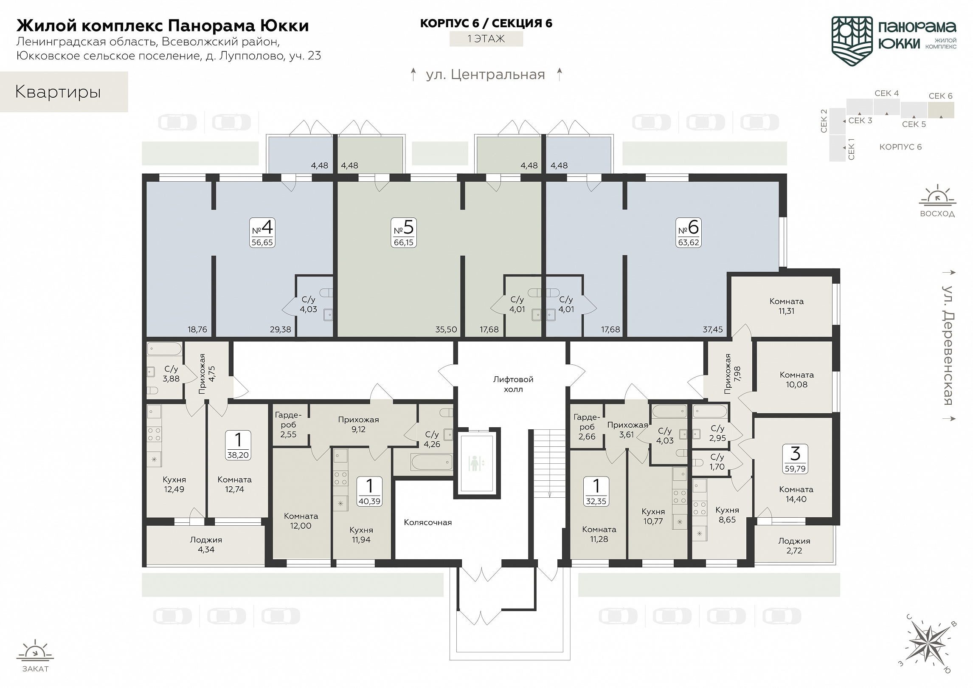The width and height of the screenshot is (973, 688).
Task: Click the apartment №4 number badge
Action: pyautogui.click(x=262, y=233)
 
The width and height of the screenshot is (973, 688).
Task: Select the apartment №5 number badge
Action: pyautogui.click(x=403, y=233)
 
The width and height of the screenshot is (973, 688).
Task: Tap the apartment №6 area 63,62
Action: pyautogui.click(x=688, y=242)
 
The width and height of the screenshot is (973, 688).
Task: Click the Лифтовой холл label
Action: pyautogui.click(x=513, y=384)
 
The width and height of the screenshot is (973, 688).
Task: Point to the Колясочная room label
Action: pyautogui.click(x=427, y=522)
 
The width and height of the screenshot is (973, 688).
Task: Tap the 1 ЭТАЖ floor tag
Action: pyautogui.click(x=486, y=39)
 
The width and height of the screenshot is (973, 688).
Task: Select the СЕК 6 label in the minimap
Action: pyautogui.click(x=940, y=96)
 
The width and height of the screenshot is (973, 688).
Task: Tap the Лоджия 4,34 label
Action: pyautogui.click(x=206, y=544)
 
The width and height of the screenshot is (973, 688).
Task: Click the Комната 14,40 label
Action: pyautogui.click(x=796, y=494)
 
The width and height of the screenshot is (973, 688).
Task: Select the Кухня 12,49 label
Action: pyautogui.click(x=174, y=484)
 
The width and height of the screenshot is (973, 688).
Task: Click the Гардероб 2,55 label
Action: pyautogui.click(x=288, y=424)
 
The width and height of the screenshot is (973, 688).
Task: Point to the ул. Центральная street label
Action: pyautogui.click(x=485, y=75)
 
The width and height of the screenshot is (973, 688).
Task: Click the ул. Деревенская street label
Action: pyautogui.click(x=947, y=345)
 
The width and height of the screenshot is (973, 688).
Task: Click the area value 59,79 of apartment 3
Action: pyautogui.click(x=795, y=469)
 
